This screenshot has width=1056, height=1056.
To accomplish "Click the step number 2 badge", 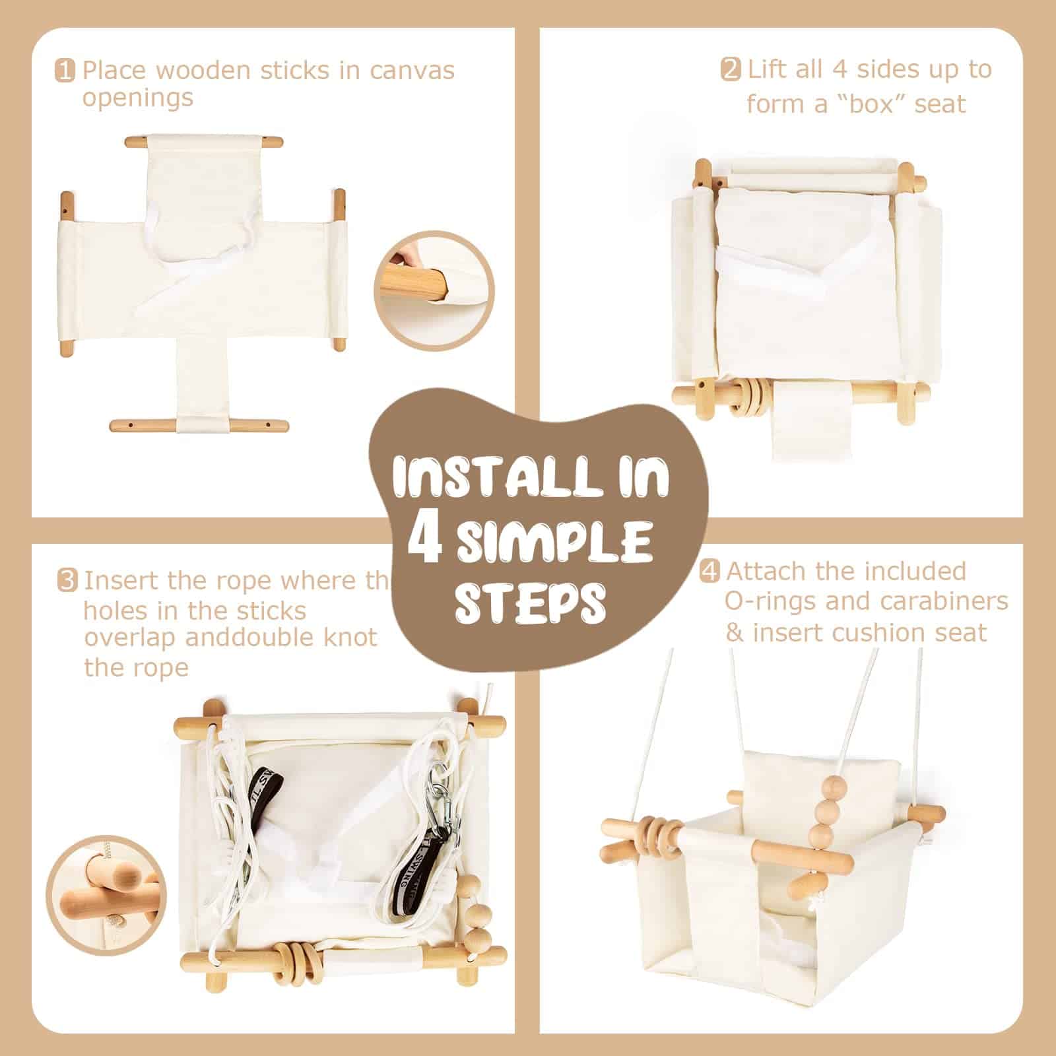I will pyautogui.click(x=731, y=70).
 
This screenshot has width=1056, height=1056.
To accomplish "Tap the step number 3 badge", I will pyautogui.click(x=67, y=581).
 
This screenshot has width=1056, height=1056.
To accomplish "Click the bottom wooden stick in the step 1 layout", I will pyautogui.click(x=199, y=425).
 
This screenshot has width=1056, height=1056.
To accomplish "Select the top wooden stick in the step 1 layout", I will pyautogui.click(x=204, y=141).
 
